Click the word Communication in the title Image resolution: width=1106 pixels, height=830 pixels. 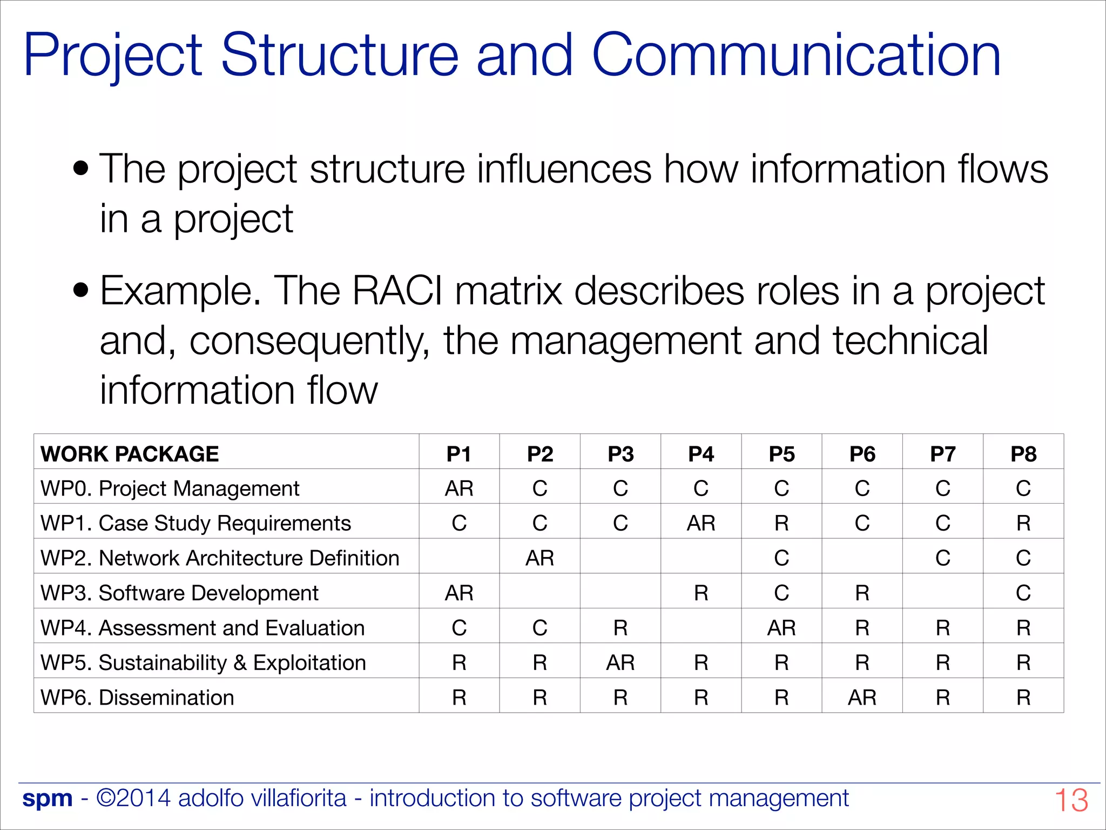pyautogui.click(x=797, y=55)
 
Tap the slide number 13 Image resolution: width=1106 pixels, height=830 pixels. pyautogui.click(x=1071, y=800)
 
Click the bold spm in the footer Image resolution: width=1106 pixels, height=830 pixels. pyautogui.click(x=48, y=798)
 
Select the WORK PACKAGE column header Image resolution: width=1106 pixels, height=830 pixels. pyautogui.click(x=130, y=454)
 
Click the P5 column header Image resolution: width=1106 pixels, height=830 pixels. pyautogui.click(x=781, y=454)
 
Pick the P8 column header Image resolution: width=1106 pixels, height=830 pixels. pyautogui.click(x=1023, y=454)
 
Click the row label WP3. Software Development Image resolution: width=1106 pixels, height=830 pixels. pyautogui.click(x=179, y=593)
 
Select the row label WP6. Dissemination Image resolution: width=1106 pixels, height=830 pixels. pyautogui.click(x=137, y=698)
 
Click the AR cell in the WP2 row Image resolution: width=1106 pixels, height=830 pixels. pyautogui.click(x=539, y=558)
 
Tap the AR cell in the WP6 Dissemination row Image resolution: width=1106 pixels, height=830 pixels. pyautogui.click(x=862, y=698)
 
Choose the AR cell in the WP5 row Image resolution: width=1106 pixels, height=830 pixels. pyautogui.click(x=621, y=662)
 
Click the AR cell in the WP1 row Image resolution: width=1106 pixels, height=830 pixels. pyautogui.click(x=701, y=523)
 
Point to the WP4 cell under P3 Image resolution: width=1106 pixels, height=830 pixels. pyautogui.click(x=621, y=628)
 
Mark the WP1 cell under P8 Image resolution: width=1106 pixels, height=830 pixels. pyautogui.click(x=1023, y=523)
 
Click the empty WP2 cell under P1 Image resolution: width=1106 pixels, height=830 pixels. pyautogui.click(x=459, y=558)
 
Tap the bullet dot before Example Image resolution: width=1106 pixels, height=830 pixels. pyautogui.click(x=81, y=290)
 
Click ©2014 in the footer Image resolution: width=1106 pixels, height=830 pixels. pyautogui.click(x=133, y=798)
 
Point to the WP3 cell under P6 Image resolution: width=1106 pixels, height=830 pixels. pyautogui.click(x=862, y=593)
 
